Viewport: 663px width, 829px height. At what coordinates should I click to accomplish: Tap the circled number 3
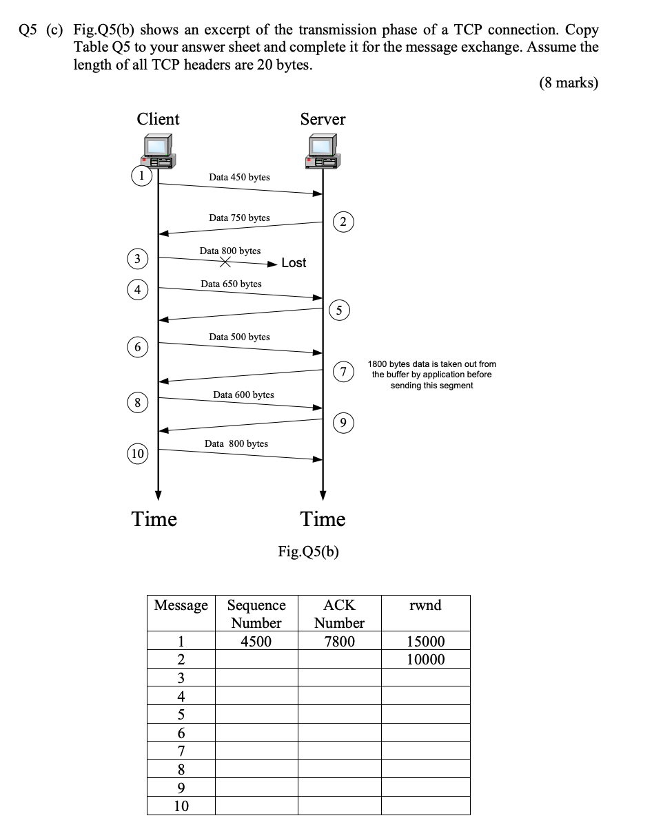click(138, 259)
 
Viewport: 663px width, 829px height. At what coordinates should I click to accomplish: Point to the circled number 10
click(138, 453)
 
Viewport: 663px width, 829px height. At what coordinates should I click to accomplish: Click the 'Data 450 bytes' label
click(239, 178)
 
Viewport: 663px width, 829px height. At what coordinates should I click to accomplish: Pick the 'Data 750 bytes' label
click(239, 218)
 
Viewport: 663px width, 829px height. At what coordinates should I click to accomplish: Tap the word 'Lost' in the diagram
click(294, 263)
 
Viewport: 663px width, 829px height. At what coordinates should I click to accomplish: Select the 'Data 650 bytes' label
click(231, 284)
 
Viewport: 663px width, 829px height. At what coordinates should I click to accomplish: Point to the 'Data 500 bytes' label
click(239, 337)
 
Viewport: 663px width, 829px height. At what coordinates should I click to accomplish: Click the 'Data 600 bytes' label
click(243, 395)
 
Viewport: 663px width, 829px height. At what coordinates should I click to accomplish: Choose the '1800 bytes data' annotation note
click(431, 375)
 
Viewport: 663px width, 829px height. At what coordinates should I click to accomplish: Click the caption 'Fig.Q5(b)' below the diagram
click(309, 552)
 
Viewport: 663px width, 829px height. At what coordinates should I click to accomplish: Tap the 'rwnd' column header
click(425, 606)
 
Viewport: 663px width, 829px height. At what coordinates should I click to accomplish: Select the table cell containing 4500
click(256, 642)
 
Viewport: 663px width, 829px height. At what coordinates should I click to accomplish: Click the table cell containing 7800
click(339, 642)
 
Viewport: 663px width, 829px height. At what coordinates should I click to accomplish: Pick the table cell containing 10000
click(425, 660)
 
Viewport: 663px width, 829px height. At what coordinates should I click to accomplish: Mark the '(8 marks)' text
click(568, 83)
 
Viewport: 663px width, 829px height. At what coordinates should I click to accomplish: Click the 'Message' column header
click(181, 606)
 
